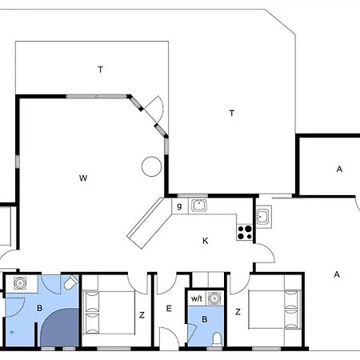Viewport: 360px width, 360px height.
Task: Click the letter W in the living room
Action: [x=83, y=178]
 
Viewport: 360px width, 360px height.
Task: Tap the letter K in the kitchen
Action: [x=205, y=241]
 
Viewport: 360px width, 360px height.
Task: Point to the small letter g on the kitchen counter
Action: [x=179, y=206]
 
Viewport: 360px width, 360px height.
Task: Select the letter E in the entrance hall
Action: [x=169, y=309]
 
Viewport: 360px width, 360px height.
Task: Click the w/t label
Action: [x=197, y=298]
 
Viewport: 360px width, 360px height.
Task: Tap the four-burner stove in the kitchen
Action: [x=245, y=233]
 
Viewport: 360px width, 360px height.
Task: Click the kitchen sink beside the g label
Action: [x=198, y=206]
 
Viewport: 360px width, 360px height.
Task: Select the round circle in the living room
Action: [x=151, y=166]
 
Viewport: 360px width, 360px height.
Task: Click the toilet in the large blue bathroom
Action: [x=71, y=282]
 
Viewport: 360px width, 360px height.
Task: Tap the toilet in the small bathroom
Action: [x=218, y=339]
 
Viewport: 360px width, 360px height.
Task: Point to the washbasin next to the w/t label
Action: [x=214, y=298]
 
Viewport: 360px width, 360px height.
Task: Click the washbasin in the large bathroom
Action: [x=20, y=283]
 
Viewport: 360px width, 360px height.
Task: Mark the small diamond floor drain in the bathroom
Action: [x=12, y=332]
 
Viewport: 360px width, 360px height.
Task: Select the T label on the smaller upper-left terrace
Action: [x=101, y=70]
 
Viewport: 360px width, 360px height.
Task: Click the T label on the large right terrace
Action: [x=232, y=114]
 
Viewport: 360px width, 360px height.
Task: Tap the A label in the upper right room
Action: [x=339, y=169]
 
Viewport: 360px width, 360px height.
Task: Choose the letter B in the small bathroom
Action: [x=205, y=319]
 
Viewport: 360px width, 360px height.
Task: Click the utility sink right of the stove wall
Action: [x=263, y=217]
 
